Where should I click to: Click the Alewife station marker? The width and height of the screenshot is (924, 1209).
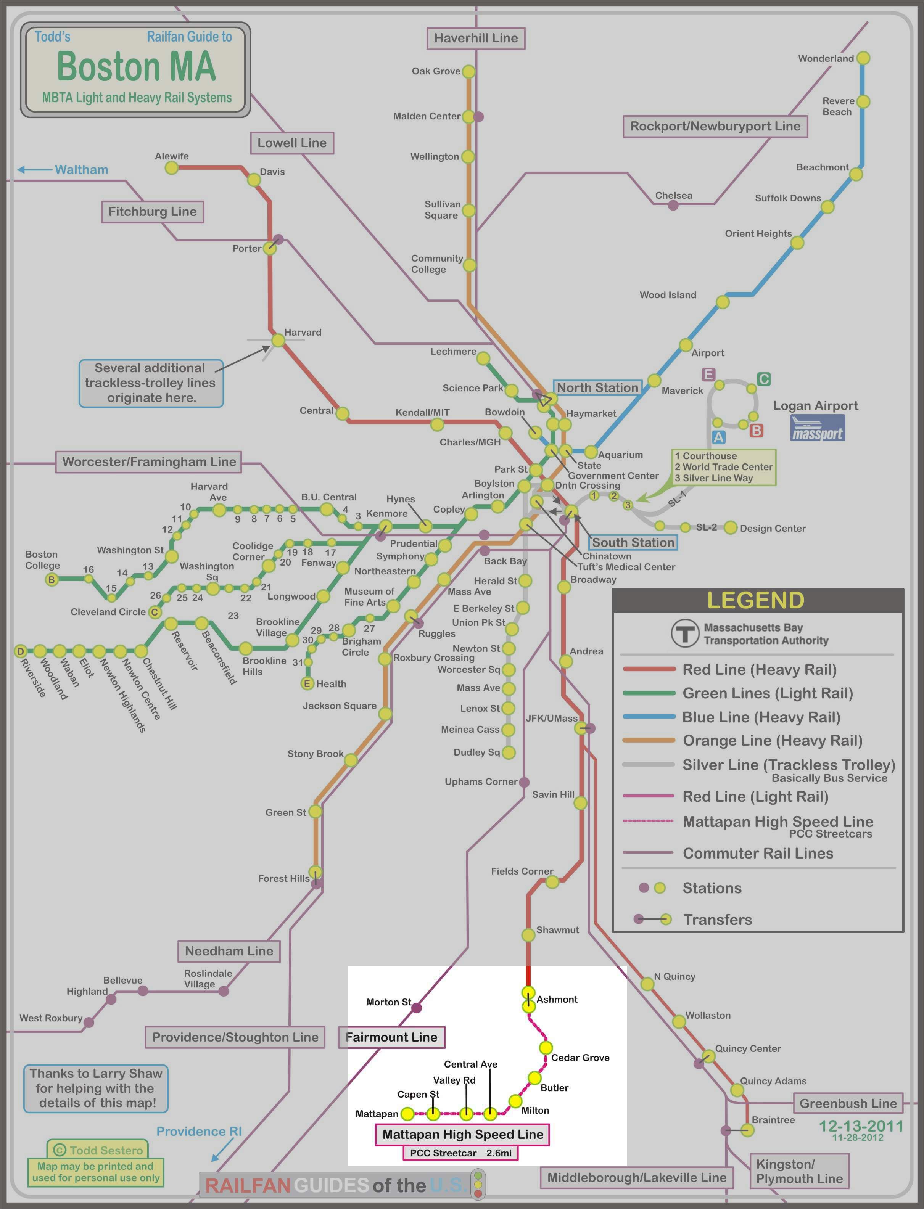pyautogui.click(x=172, y=168)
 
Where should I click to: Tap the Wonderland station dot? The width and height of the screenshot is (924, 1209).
pyautogui.click(x=863, y=58)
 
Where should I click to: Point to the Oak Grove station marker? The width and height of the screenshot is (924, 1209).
pyautogui.click(x=468, y=71)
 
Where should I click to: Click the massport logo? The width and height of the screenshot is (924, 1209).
pyautogui.click(x=817, y=428)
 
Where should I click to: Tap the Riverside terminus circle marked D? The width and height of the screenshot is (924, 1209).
pyautogui.click(x=20, y=651)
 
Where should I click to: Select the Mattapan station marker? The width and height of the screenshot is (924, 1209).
pyautogui.click(x=407, y=1114)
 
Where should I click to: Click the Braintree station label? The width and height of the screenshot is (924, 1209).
pyautogui.click(x=773, y=1120)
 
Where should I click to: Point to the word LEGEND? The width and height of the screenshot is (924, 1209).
pyautogui.click(x=755, y=600)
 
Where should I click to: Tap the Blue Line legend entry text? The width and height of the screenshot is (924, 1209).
pyautogui.click(x=761, y=717)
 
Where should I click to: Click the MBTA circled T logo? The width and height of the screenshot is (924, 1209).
pyautogui.click(x=685, y=634)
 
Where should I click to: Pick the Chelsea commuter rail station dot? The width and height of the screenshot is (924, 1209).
pyautogui.click(x=673, y=206)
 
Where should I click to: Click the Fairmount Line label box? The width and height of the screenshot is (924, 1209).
pyautogui.click(x=391, y=1037)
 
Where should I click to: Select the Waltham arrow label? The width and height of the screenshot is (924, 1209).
pyautogui.click(x=81, y=169)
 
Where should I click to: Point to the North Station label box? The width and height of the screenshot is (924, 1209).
pyautogui.click(x=597, y=387)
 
